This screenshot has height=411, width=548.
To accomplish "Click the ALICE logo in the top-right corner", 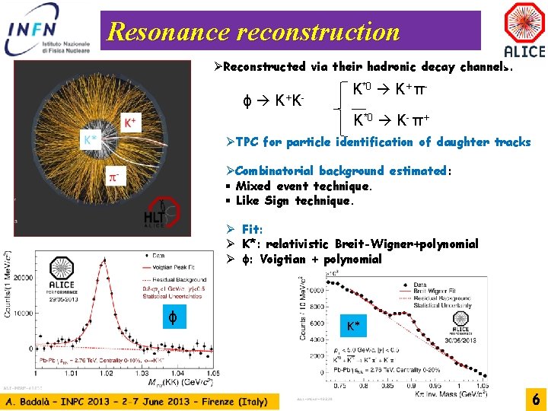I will point(524,30).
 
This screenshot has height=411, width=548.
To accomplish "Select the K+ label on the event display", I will point(130,122).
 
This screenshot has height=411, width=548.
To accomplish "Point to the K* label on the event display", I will point(91,139).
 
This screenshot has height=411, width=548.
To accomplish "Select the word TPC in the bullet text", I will point(247,142).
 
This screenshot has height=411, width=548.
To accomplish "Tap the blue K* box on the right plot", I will point(352,327).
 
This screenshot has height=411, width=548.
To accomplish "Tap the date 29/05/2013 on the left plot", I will point(65,298).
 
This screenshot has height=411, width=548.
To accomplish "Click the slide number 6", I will point(536,399).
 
